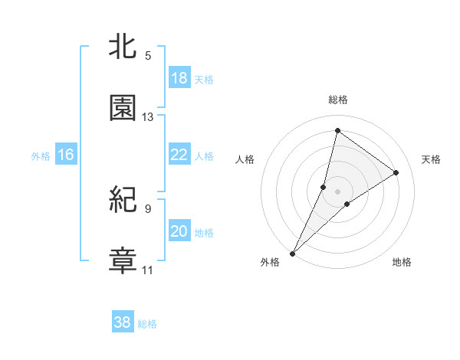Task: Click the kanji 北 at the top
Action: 123,47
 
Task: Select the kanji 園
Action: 123,108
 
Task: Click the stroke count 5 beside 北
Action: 148,55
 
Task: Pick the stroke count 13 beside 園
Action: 148,116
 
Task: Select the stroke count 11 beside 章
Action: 148,270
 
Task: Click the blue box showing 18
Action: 179,78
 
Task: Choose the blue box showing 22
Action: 179,155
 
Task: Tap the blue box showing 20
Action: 179,231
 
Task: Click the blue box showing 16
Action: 66,155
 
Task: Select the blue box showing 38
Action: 122,322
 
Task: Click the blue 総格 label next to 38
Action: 148,324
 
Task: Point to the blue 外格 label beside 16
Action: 41,156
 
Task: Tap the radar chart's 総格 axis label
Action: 338,100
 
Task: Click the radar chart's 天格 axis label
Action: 431,159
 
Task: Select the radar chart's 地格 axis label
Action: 402,262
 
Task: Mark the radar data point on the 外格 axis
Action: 293,253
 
